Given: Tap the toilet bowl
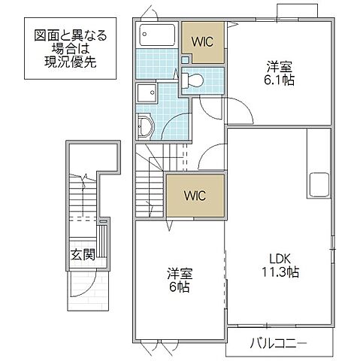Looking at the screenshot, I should click(x=193, y=80).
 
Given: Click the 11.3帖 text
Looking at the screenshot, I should click(x=280, y=272).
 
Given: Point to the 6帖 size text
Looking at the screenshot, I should click(x=179, y=287).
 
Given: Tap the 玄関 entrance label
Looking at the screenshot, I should click(x=82, y=255).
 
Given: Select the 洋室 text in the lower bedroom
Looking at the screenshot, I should click(x=179, y=273).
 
